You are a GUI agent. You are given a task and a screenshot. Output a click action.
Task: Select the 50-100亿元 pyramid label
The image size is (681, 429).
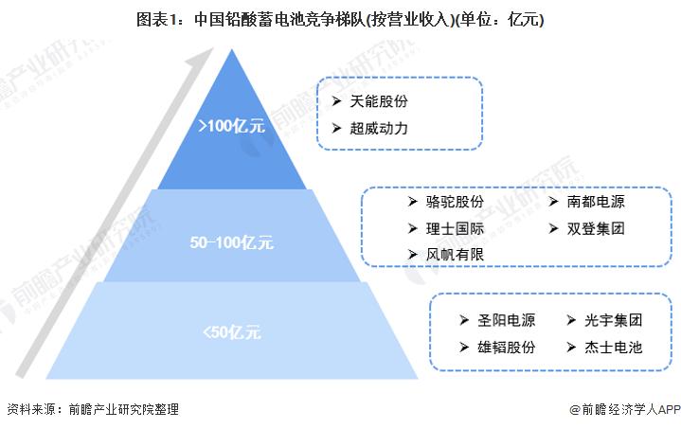tap(231, 242)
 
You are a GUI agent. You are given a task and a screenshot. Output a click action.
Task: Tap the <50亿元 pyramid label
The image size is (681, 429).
tap(231, 331)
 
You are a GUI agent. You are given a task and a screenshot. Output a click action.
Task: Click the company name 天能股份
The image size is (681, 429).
tap(380, 100)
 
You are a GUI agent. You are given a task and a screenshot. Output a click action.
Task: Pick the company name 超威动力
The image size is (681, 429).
tap(380, 128)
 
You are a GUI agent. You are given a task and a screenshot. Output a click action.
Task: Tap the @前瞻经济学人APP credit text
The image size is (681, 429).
tap(625, 410)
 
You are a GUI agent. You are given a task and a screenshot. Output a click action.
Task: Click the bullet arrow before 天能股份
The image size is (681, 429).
tap(335, 100)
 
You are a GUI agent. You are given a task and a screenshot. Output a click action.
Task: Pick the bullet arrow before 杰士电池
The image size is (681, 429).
tap(571, 347)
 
